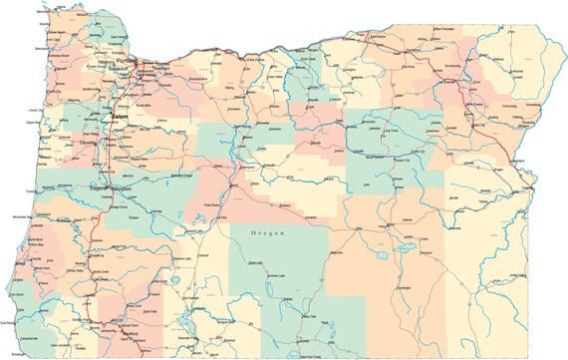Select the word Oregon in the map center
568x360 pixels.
click(266, 232)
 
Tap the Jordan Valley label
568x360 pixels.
click(516, 274)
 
